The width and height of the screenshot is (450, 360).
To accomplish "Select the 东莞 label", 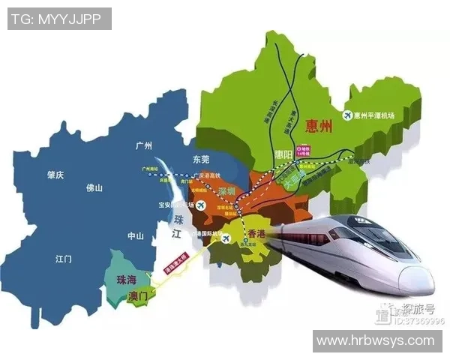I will [202, 159].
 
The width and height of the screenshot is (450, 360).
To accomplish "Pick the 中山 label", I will [135, 236].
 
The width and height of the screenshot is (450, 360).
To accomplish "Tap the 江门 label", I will [63, 259].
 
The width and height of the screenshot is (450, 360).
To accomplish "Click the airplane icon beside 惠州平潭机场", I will [347, 115].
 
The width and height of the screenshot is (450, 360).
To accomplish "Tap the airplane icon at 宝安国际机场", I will [181, 205].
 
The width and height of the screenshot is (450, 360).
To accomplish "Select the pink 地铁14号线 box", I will [304, 152].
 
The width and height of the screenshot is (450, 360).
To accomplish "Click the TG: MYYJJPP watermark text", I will [59, 18].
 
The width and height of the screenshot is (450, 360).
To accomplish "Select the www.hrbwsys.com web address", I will [376, 341].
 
